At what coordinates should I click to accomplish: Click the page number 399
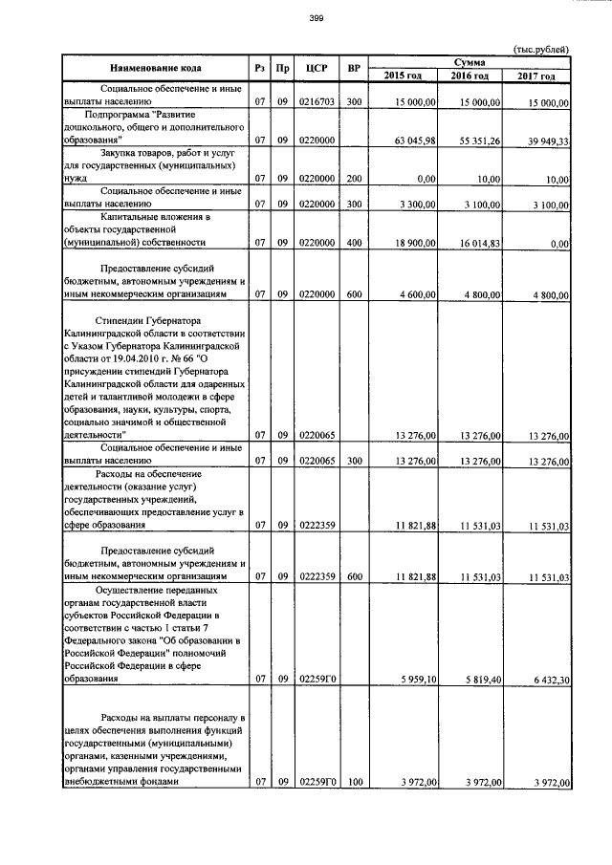pyautogui.click(x=317, y=18)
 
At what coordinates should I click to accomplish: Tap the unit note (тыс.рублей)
pyautogui.click(x=541, y=49)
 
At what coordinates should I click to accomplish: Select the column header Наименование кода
pyautogui.click(x=154, y=69)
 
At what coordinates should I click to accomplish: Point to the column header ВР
pyautogui.click(x=354, y=69)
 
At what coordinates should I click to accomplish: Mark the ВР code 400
pyautogui.click(x=354, y=244)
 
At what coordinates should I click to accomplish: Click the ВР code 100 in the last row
pyautogui.click(x=354, y=783)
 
